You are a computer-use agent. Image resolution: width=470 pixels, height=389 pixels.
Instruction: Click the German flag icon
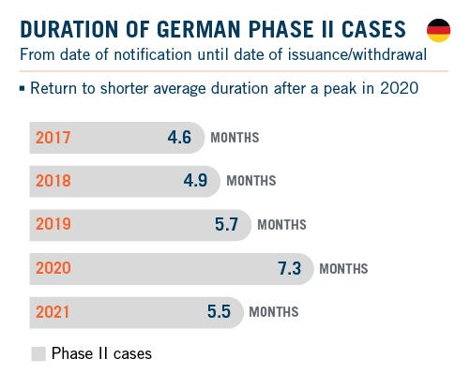tap(438, 31)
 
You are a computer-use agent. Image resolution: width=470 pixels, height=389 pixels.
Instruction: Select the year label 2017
tap(53, 138)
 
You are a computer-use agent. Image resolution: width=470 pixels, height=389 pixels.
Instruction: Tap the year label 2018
tap(53, 181)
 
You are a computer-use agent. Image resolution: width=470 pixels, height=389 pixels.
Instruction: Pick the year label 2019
tap(53, 225)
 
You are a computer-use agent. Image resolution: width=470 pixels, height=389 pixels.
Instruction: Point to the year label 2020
tap(53, 268)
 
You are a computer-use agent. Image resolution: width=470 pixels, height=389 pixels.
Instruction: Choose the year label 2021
tap(53, 312)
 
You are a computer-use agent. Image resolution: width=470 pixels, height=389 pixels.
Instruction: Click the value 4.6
tap(179, 138)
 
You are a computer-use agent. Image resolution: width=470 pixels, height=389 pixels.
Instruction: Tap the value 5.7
tap(227, 225)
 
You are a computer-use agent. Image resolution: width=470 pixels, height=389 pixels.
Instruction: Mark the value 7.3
tap(290, 268)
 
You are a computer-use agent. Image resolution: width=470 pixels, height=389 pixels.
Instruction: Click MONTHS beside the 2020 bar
tap(344, 269)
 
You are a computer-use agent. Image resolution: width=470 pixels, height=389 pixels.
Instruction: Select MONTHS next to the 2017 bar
tap(235, 139)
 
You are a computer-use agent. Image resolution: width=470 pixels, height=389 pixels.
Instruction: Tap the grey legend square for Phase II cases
tap(38, 354)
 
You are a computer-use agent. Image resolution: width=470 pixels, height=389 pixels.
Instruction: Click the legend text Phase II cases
tap(101, 354)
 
